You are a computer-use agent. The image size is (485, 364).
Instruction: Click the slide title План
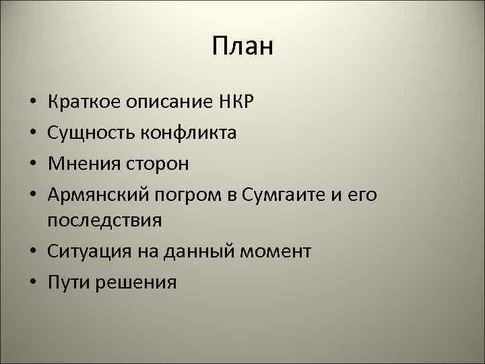coord(243,47)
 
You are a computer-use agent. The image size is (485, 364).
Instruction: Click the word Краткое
coord(80,103)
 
